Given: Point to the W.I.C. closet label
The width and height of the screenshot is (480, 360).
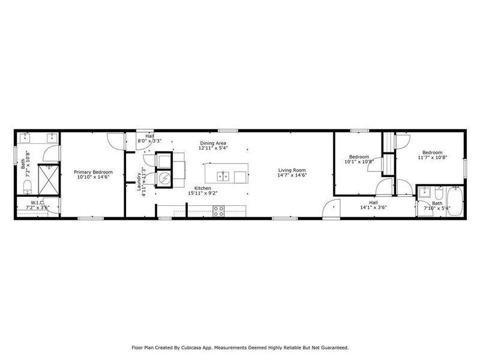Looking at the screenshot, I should [37, 203].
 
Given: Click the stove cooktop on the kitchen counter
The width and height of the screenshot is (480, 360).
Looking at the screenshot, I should [219, 210].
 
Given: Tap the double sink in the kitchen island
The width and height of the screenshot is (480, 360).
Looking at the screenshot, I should [223, 176].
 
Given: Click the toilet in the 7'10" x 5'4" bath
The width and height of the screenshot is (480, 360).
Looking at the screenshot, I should [439, 194].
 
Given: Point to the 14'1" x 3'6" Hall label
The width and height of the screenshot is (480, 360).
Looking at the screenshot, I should [374, 205].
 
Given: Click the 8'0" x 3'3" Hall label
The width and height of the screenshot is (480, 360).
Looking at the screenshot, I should [149, 139].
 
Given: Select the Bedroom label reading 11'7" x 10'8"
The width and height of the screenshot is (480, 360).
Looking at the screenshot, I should [433, 155].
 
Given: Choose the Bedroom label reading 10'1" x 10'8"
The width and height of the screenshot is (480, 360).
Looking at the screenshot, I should [359, 159].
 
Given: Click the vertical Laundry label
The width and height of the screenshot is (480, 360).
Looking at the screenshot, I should [139, 179].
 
